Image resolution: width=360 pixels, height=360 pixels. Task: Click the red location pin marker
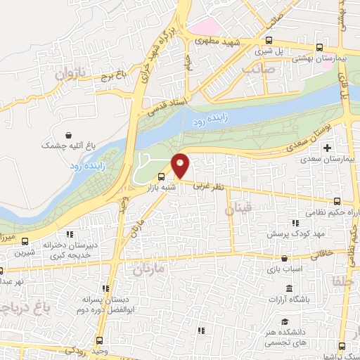pos(181,166)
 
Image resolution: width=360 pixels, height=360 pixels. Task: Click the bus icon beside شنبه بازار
pos(162,177)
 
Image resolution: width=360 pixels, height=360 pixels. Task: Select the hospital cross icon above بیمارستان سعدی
pos(327,148)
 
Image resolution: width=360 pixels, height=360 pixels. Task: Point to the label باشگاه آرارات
pos(289,300)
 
